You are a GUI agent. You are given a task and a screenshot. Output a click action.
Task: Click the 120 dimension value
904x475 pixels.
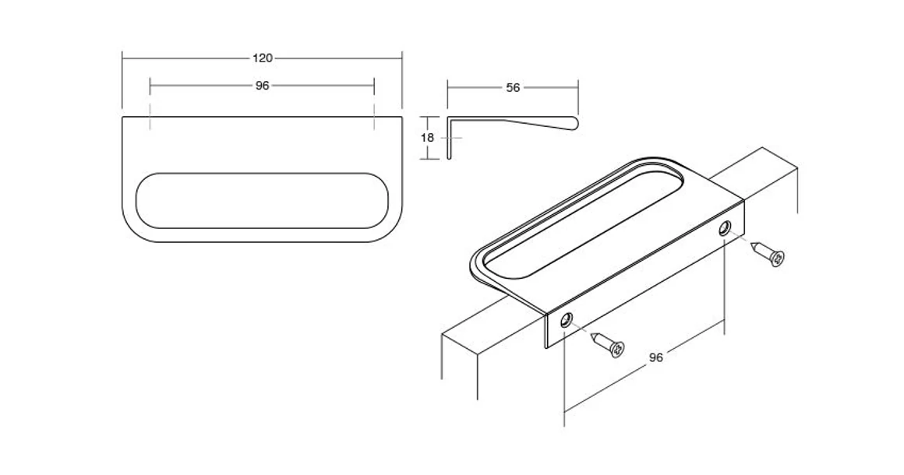(x=263, y=58)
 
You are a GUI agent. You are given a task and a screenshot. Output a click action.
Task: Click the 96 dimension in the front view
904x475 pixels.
(x=262, y=86)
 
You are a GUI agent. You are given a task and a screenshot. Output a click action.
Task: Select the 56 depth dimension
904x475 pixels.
(x=513, y=88)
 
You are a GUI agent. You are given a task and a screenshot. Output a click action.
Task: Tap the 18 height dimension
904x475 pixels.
(x=427, y=137)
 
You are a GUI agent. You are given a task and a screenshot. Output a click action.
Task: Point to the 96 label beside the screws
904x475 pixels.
(x=656, y=357)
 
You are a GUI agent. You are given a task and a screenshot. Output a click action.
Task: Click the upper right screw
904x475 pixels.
(x=771, y=255)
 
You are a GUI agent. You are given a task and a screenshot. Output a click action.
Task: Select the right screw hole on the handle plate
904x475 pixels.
(x=726, y=227)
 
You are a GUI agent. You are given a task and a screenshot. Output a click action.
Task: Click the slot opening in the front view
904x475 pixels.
(x=262, y=200)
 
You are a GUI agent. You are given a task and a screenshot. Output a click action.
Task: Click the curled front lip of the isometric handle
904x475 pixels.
(x=477, y=268)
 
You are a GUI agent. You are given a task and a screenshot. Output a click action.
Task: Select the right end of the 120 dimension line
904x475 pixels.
(x=401, y=58)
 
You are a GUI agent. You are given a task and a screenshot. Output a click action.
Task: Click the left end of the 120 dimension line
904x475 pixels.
(x=123, y=58)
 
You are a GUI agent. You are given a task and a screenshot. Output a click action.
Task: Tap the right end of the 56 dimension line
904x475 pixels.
(x=577, y=88)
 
